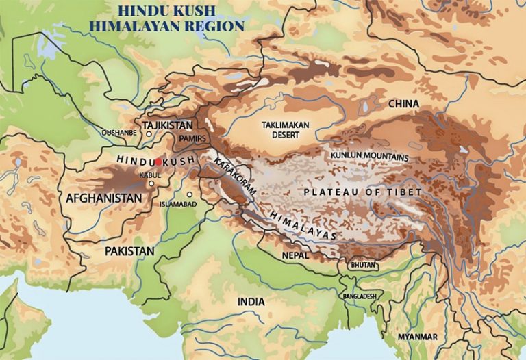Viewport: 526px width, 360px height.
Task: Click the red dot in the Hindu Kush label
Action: [x=158, y=162]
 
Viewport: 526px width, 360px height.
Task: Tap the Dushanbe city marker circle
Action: [x=149, y=134]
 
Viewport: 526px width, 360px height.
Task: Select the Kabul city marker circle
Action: [x=150, y=183]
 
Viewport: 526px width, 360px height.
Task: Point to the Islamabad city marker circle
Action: [x=190, y=194]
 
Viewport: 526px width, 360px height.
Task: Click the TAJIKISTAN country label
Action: [x=168, y=125]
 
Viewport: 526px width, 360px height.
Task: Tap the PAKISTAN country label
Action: [x=129, y=251]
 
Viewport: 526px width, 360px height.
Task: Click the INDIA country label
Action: [x=251, y=302]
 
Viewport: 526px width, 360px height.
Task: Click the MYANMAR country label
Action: [x=418, y=337]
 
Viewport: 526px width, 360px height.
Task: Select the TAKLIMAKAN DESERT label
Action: [x=288, y=130]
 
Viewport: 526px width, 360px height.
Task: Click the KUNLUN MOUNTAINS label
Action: [x=369, y=157]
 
